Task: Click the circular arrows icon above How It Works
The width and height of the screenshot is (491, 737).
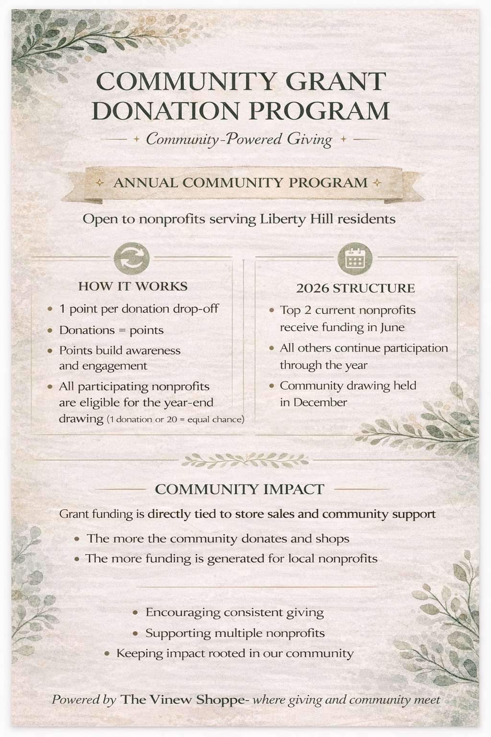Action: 132,259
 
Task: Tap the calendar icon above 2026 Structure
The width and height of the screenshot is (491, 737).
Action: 355,259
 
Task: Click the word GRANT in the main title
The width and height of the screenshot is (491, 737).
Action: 336,81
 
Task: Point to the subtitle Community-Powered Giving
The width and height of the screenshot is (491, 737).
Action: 239,139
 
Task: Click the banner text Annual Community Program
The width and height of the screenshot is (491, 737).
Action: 240,183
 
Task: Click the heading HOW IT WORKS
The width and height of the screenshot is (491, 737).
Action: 133,286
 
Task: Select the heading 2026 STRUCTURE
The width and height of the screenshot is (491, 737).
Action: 355,288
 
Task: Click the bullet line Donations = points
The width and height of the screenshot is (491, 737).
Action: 111,330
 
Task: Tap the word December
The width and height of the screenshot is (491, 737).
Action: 320,402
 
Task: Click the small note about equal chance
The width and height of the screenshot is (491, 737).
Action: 175,419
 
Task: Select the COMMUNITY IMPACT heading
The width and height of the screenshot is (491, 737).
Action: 240,489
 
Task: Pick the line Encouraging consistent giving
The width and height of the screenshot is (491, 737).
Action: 234,613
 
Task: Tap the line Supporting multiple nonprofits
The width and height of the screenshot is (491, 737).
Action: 235,633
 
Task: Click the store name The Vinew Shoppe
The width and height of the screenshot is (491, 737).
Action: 182,700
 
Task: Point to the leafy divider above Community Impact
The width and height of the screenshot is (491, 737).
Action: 245,461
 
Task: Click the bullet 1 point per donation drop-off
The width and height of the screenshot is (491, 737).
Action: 139,309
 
